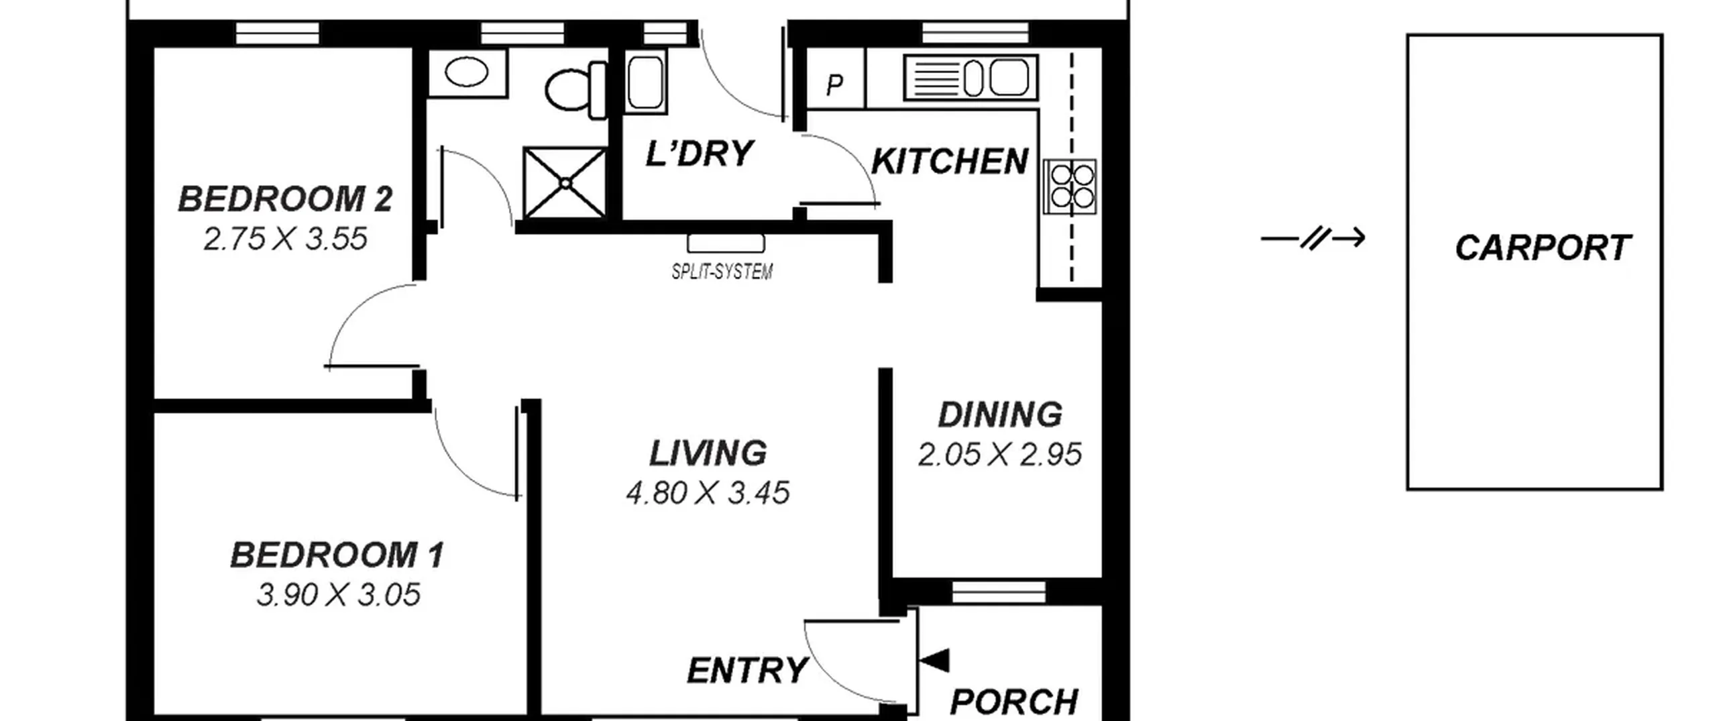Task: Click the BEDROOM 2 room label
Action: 285,199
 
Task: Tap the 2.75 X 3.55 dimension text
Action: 286,239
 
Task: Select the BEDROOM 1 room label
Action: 337,555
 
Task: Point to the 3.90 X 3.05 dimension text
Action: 339,595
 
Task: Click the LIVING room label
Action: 708,453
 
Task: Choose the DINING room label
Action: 1000,414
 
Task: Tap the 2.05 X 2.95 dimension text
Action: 1000,455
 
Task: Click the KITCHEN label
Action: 950,162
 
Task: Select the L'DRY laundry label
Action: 700,154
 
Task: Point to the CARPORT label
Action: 1543,248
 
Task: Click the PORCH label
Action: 1014,702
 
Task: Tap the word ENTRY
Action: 747,671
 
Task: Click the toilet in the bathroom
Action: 576,91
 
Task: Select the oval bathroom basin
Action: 467,72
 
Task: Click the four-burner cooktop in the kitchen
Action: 1070,186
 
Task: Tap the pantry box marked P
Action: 836,78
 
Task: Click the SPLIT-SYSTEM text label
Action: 722,272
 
